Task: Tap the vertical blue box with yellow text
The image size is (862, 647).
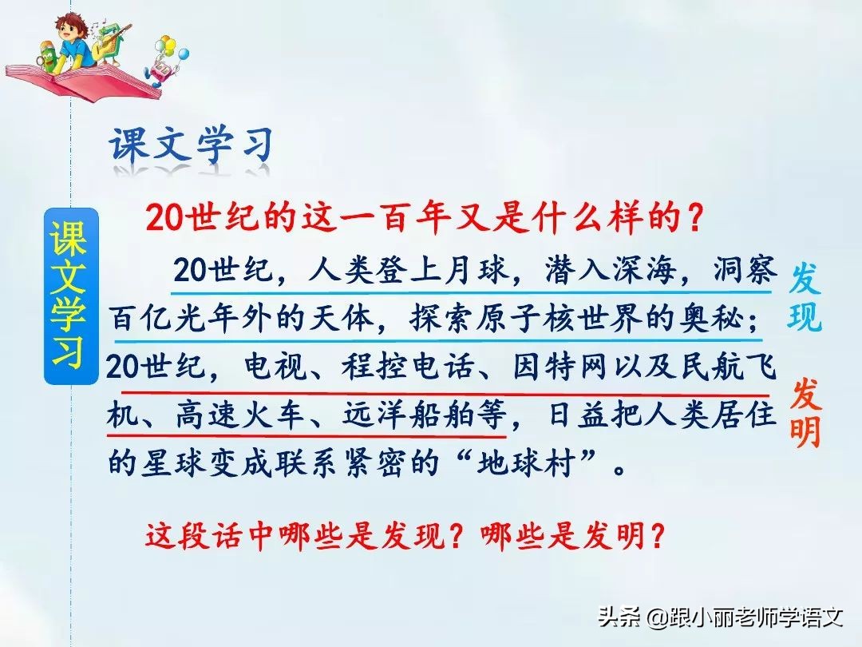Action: pos(71,296)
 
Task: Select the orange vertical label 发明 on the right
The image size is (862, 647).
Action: pos(805,414)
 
